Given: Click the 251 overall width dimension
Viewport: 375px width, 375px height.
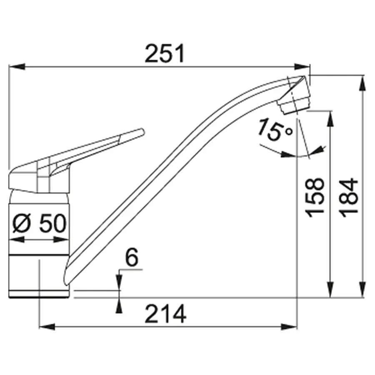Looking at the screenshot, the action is (165, 53).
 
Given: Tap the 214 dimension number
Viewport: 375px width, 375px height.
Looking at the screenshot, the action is (165, 314).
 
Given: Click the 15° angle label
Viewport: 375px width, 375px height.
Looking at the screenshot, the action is (275, 130).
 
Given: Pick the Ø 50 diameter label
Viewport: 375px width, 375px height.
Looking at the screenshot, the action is (39, 223).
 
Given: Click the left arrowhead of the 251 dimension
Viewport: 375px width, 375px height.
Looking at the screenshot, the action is (17, 67).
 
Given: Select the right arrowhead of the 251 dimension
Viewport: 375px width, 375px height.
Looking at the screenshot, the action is (302, 67).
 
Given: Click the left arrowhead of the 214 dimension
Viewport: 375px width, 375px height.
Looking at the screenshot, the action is (47, 327).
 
